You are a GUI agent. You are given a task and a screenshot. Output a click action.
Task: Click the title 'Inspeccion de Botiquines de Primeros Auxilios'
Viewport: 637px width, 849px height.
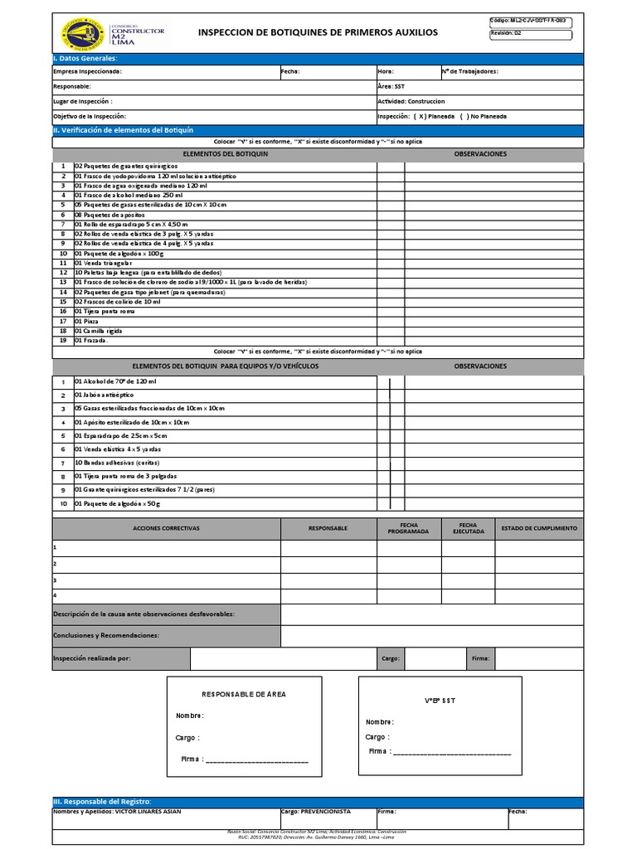318,32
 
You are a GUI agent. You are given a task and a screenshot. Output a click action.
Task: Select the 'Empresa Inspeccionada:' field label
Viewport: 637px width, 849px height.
87,72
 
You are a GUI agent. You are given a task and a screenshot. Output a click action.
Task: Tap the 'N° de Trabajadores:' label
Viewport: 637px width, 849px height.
470,72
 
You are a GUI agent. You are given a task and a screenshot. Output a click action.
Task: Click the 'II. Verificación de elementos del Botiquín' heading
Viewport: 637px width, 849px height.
123,130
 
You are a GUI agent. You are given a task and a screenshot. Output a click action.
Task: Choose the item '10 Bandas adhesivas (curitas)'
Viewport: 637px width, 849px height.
117,463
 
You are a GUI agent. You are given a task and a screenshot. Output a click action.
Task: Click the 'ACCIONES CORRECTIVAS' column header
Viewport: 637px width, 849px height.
166,528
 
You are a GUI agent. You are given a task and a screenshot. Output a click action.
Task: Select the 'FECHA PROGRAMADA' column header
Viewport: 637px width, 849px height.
409,528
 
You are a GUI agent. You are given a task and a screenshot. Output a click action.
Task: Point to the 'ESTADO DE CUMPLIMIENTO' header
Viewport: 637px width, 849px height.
539,528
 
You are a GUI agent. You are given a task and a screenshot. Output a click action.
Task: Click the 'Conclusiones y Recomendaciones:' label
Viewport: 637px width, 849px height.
106,635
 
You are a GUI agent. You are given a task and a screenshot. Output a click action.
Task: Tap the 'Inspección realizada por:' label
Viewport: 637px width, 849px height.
91,658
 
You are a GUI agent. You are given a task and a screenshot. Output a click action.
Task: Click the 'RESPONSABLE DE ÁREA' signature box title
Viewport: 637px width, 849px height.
245,694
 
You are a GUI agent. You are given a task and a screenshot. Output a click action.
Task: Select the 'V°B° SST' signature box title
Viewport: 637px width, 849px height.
440,701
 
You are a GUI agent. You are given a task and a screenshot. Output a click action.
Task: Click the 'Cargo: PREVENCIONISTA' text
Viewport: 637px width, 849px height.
316,812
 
